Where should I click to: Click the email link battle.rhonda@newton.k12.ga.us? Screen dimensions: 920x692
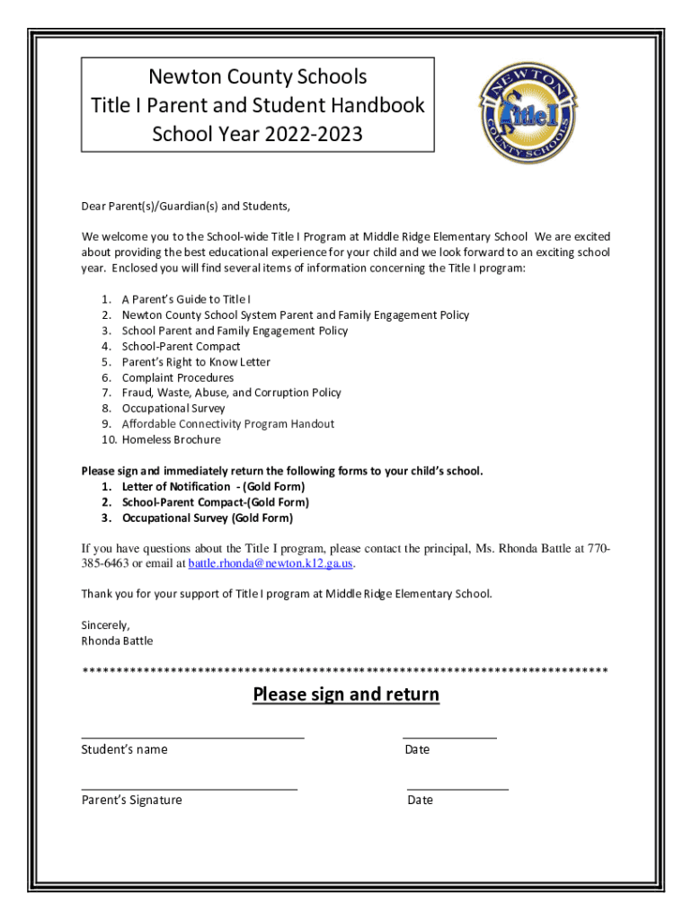(x=271, y=564)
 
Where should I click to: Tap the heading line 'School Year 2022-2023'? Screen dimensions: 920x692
(x=257, y=135)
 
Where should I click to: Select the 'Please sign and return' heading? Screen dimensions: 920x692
(x=346, y=694)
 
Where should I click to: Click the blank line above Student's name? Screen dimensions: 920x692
(x=192, y=736)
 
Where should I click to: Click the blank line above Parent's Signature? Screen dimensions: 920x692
(x=189, y=787)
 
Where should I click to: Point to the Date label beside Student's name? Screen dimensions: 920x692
(x=417, y=749)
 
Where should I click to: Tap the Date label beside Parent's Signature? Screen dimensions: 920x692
(x=420, y=800)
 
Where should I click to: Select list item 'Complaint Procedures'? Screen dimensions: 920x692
(x=177, y=378)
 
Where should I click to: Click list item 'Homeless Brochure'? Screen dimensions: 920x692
(x=171, y=440)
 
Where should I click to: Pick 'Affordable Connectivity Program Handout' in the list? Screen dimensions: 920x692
(x=227, y=424)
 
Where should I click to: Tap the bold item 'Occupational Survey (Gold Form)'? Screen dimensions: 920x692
(x=207, y=518)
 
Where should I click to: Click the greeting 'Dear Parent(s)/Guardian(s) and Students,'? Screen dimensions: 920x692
(x=186, y=206)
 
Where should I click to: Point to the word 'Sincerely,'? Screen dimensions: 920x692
(x=106, y=625)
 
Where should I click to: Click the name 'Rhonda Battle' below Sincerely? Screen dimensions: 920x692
(x=117, y=641)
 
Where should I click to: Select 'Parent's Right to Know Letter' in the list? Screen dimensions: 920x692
(x=196, y=362)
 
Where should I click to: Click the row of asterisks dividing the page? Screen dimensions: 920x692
(x=345, y=671)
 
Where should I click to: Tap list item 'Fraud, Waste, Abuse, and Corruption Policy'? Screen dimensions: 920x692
(x=231, y=393)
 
